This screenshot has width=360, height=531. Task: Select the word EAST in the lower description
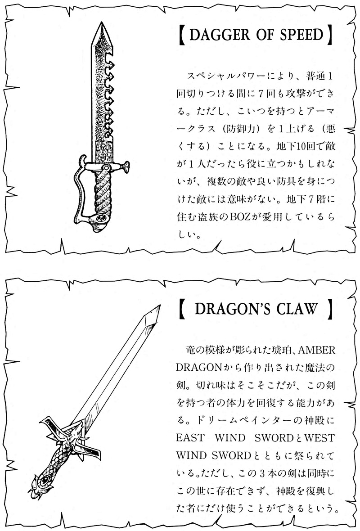click(x=190, y=437)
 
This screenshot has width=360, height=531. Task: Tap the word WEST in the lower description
click(x=319, y=437)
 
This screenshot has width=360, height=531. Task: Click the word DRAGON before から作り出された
click(x=198, y=368)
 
